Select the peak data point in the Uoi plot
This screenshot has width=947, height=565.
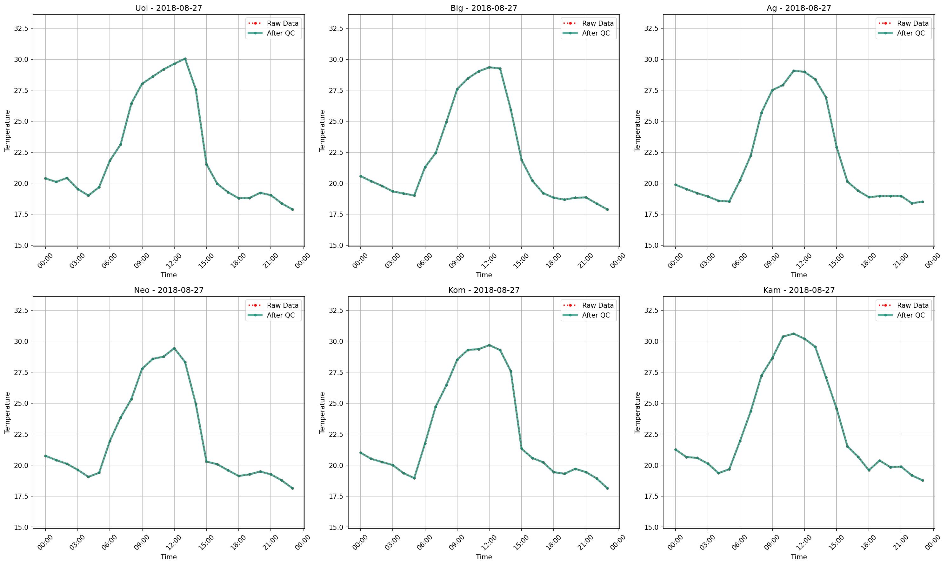[185, 59]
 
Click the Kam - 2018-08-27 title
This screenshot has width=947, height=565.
[799, 290]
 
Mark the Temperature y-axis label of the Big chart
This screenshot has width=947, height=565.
[322, 131]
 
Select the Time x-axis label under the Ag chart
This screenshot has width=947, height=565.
[799, 275]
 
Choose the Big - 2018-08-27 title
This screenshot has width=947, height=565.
[484, 8]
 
